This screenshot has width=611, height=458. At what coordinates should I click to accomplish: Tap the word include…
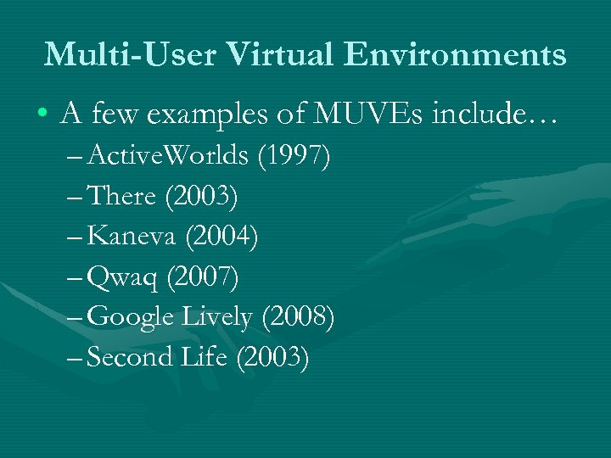496,113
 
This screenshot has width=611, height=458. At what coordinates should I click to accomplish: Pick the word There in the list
122,197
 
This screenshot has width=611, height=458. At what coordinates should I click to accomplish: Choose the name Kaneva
131,237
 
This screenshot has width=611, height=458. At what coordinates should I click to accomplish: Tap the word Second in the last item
130,357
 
